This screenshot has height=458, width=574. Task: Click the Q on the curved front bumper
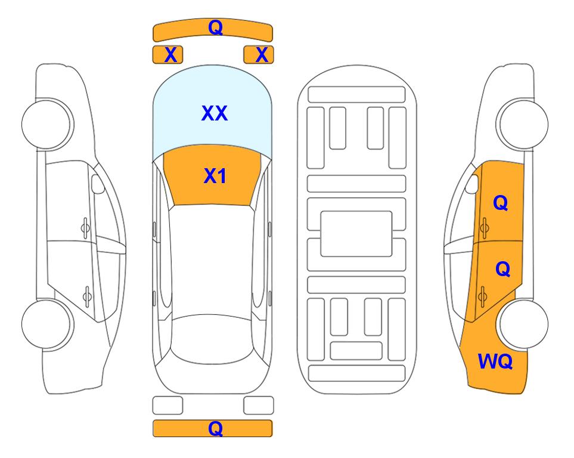pos(216,27)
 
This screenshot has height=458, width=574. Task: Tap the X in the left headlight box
pos(170,55)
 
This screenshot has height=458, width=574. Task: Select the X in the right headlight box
pos(262,55)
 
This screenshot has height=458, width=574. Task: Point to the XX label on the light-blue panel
pos(215,113)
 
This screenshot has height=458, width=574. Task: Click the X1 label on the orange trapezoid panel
pos(215,176)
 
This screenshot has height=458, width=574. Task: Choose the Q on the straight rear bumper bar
pos(215,428)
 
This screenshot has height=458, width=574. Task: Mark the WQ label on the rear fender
pos(495,361)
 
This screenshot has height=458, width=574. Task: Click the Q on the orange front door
pos(501,203)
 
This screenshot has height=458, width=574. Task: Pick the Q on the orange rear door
pos(502,270)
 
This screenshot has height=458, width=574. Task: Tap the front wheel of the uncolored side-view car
pos(46,124)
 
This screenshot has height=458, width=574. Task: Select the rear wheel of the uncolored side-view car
pos(46,324)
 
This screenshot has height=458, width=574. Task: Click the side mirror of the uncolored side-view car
pos(97,184)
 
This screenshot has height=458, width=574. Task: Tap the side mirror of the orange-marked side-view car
pos(472,184)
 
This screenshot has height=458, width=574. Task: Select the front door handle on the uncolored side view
pos(85,228)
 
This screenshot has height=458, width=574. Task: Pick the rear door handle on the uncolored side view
pos(88,296)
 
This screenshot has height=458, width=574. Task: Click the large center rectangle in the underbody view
pos(356,234)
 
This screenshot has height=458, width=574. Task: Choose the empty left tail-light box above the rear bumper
pos(167,406)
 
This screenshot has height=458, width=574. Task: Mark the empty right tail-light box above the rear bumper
pos(259,406)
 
